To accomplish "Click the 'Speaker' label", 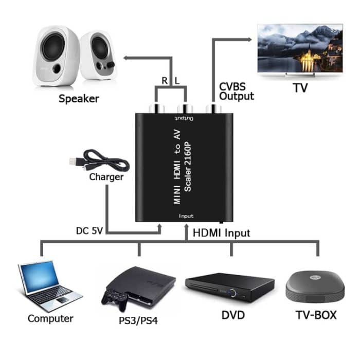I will pos(79,98).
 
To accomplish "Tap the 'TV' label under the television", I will pos(300,88).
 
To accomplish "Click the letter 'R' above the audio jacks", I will pos(164,81).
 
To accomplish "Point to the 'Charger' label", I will pos(106,177).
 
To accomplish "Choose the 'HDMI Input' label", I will pos(221,233).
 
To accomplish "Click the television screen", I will pos(300,48).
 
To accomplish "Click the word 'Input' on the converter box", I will pos(186,217).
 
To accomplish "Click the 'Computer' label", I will pos(50,318).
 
